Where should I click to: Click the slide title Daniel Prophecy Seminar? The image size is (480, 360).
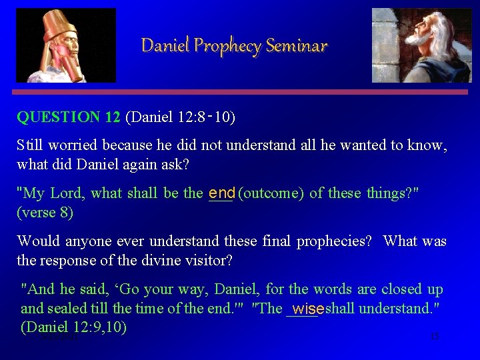click(234, 45)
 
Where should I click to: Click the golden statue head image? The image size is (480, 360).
click(65, 45)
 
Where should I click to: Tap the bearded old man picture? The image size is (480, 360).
click(421, 45)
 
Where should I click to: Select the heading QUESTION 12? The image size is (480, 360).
click(69, 117)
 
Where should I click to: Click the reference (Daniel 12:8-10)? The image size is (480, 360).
click(180, 117)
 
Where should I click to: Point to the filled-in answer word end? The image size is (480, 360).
click(221, 193)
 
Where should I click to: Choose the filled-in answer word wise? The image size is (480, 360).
click(308, 309)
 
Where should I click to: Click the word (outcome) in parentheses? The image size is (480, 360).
click(271, 193)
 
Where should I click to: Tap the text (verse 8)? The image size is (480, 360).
click(45, 213)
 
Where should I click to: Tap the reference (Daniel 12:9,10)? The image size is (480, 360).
click(74, 327)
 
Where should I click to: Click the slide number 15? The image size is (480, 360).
click(435, 337)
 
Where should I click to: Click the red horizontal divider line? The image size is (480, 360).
click(240, 92)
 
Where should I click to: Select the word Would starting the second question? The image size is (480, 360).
click(37, 241)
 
